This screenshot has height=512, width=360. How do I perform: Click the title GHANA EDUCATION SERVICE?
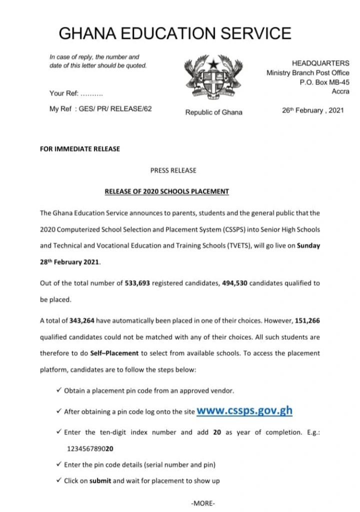(x=175, y=33)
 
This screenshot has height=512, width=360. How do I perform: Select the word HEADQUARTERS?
(x=320, y=63)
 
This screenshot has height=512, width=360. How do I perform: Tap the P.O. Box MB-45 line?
(x=324, y=82)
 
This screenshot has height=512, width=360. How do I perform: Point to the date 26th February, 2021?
(x=313, y=110)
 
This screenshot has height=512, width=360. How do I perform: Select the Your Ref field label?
(x=63, y=93)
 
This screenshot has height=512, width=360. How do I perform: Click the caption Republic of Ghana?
(x=213, y=112)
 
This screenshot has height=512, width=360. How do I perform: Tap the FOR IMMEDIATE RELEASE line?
(x=80, y=148)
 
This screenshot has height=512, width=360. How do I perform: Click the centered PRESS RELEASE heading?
(x=173, y=170)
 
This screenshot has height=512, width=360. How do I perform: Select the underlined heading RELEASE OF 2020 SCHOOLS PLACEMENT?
(x=166, y=191)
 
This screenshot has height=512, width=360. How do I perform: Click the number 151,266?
(x=308, y=320)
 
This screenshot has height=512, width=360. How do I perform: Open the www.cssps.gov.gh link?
(x=244, y=411)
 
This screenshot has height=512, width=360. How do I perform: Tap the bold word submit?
(x=100, y=481)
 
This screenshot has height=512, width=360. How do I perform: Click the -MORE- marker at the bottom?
(x=203, y=503)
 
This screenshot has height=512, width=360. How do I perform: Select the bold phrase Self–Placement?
(x=114, y=353)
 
